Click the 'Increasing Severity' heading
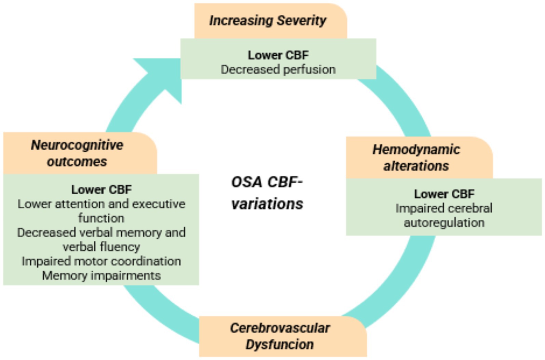[x=268, y=20]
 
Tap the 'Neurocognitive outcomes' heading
[x=77, y=153]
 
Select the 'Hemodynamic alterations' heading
[x=416, y=157]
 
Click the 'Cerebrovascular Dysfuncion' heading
[x=280, y=336]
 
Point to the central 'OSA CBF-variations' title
[x=267, y=193]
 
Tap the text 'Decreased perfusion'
[x=278, y=69]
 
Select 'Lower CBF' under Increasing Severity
[x=278, y=55]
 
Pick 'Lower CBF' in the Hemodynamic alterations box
[x=444, y=194]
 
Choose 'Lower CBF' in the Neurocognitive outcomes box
[x=101, y=190]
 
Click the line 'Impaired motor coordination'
[x=101, y=261]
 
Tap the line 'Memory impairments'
[x=101, y=276]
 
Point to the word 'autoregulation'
[x=444, y=223]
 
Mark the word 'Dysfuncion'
[x=280, y=344]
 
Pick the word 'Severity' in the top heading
[x=302, y=20]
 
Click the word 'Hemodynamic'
[x=416, y=149]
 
